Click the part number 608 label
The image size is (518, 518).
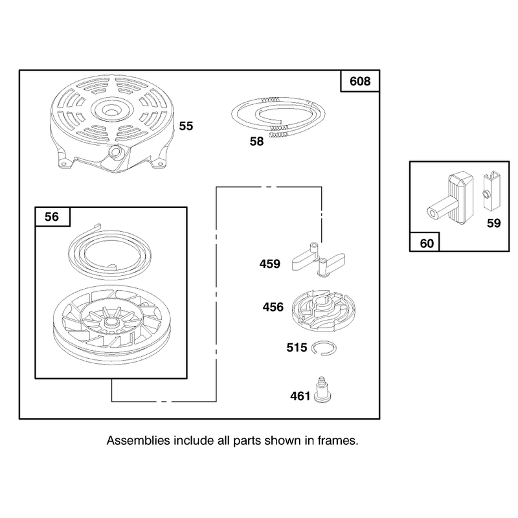[360, 82]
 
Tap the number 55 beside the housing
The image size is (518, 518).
[186, 126]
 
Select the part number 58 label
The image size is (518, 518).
[256, 141]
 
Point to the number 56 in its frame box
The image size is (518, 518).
[52, 217]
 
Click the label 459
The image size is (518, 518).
[270, 264]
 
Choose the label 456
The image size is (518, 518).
[273, 307]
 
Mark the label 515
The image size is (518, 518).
[297, 348]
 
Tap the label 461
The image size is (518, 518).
[300, 396]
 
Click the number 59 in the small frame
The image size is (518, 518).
[494, 223]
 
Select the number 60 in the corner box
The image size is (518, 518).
[427, 243]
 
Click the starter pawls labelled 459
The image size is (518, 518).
[318, 260]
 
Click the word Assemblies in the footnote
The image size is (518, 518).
[139, 441]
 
